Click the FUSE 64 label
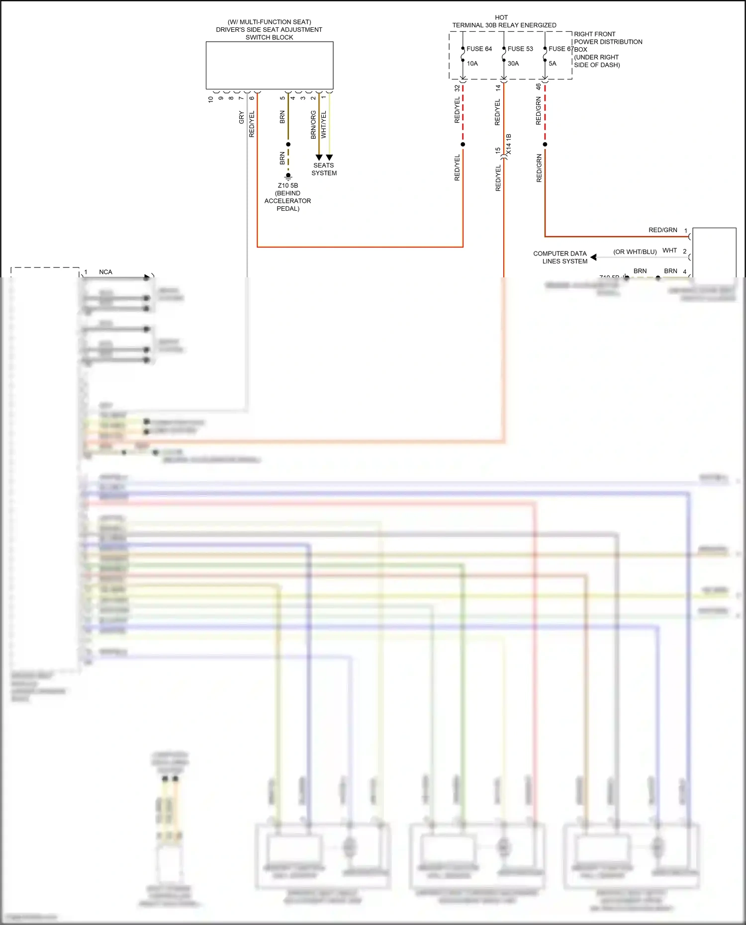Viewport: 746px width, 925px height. tap(479, 49)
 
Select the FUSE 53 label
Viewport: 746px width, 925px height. tap(520, 49)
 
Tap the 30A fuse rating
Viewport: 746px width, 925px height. tap(513, 64)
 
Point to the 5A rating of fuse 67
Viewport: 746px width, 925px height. tap(553, 64)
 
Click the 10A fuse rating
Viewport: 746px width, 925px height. tap(472, 64)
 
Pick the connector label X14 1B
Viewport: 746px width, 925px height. tap(509, 144)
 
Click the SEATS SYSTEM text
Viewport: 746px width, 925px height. tap(324, 169)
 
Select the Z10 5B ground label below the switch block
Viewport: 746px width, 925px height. tap(288, 185)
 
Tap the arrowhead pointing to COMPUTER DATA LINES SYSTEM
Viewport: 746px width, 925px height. tap(593, 257)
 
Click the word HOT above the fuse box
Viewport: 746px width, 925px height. tap(501, 17)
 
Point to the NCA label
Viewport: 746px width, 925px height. tap(105, 272)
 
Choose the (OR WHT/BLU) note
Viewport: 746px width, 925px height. tap(635, 252)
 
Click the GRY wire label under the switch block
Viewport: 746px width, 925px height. tap(242, 118)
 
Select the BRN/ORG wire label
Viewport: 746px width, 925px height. tap(313, 125)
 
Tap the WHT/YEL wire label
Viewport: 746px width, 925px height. tap(324, 125)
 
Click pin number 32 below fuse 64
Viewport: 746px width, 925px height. tap(457, 88)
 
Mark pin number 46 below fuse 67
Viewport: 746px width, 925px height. tap(538, 86)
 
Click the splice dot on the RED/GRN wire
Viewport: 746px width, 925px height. tap(545, 145)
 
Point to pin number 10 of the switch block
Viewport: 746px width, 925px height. tap(210, 99)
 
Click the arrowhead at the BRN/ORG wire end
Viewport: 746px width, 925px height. tap(319, 158)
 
